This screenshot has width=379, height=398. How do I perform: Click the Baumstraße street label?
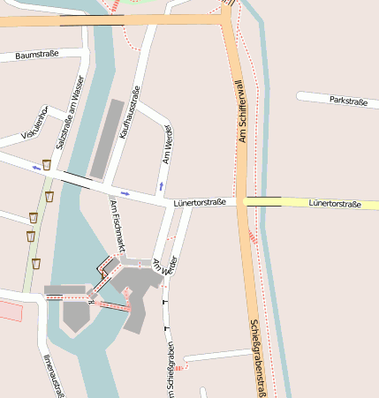pos(36,55)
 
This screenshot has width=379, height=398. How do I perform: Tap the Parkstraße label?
pos(347,101)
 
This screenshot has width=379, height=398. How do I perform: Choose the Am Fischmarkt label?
pos(117,224)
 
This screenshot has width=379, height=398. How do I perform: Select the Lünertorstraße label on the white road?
pos(200,202)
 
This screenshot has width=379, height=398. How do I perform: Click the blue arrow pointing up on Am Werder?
pos(161,186)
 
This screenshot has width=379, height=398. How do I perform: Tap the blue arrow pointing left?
pos(36,166)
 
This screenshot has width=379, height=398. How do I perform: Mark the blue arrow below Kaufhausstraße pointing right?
pos(125,192)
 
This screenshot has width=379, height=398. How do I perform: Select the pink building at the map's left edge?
pos(10,311)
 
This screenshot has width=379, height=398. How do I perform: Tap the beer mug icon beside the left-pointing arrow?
pos(46,165)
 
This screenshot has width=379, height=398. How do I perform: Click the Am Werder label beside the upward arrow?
pos(166,144)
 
